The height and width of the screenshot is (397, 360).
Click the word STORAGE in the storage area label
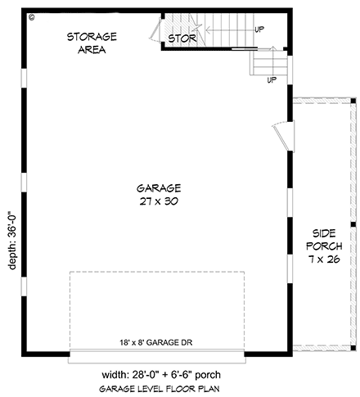coord(92,37)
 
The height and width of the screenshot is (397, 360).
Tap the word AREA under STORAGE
coord(92,49)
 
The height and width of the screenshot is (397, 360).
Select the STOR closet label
coord(182,38)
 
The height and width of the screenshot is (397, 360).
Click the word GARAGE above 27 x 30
coord(160,187)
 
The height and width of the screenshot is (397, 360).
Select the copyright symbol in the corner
coord(30,16)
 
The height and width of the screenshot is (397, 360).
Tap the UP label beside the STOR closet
coord(259,29)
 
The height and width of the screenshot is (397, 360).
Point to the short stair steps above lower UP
coord(268,61)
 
